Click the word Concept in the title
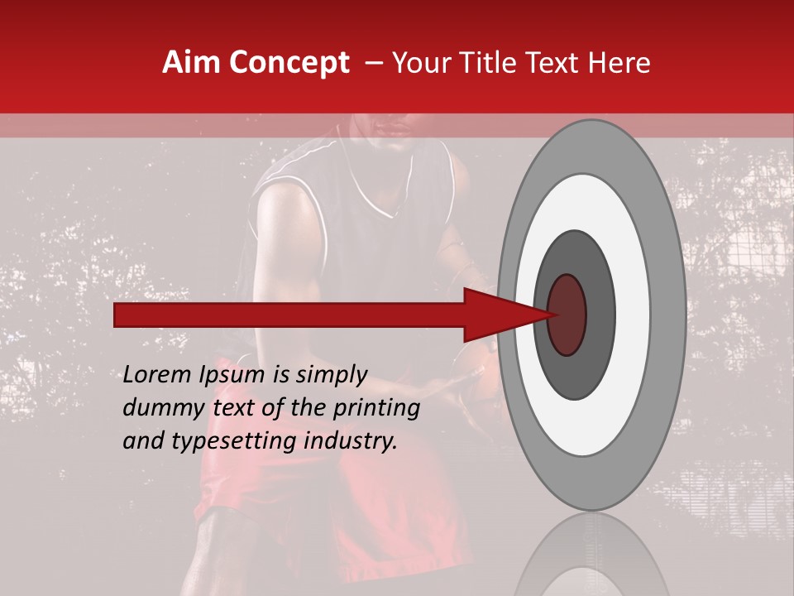click(289, 63)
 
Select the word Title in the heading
click(490, 63)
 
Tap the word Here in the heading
click(621, 63)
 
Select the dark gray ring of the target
click(600, 315)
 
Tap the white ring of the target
click(633, 315)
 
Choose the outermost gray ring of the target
click(668, 315)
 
